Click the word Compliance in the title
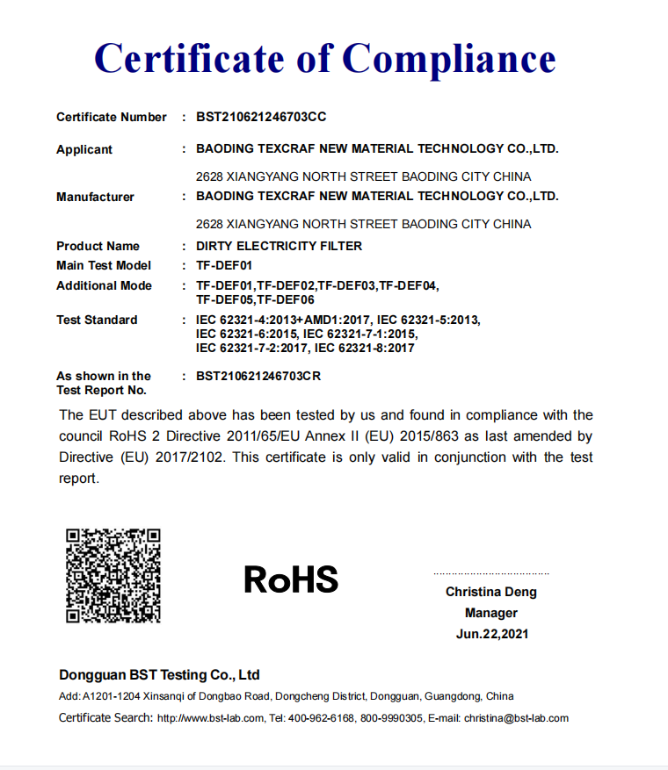448,59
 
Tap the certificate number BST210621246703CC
261,117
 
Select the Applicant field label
84,149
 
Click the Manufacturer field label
95,197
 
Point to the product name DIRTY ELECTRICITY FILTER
279,246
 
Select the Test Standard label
97,320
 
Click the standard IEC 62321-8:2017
364,348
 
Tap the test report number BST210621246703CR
258,376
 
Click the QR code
113,575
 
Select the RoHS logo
290,579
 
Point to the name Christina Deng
490,592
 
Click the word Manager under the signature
491,613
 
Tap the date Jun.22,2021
492,634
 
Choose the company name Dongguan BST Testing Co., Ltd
159,675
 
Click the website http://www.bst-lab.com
210,718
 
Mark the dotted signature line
490,572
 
